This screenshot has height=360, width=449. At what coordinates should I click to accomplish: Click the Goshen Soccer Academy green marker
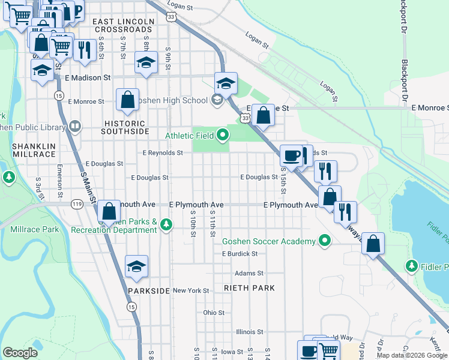tap(325, 241)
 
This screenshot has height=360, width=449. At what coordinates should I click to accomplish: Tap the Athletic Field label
tap(187, 136)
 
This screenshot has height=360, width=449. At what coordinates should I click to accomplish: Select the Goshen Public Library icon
tap(75, 126)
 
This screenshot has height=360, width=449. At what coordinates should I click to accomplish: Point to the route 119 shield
tap(77, 204)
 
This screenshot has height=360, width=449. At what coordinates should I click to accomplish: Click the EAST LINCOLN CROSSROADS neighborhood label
tap(122, 25)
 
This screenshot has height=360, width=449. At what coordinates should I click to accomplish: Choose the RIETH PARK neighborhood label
tap(249, 288)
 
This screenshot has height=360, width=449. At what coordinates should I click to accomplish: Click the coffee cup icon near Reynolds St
tap(292, 155)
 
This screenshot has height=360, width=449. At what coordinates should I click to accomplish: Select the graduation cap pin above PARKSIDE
tap(137, 268)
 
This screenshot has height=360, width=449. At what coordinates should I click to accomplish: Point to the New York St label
tap(190, 290)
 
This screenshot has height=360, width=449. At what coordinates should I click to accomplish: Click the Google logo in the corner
tap(20, 352)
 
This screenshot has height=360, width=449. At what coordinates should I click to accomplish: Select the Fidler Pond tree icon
tap(412, 265)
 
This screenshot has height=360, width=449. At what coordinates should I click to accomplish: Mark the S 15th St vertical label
tap(283, 180)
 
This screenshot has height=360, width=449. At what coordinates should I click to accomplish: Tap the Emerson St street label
tap(60, 180)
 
